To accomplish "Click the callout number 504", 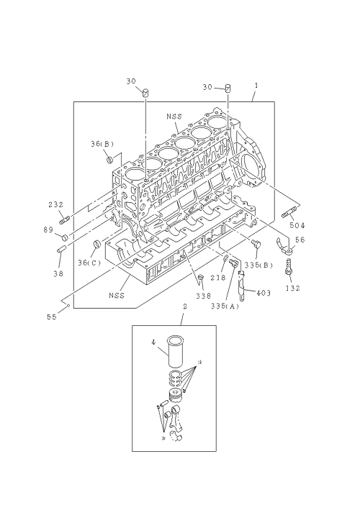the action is pos(297,225).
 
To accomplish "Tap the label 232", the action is pos(55,204).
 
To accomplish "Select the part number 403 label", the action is pos(264,293).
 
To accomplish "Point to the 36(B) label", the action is pos(102,144).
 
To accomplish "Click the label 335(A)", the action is pos(225,307).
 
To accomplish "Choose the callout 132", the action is pos(293,289).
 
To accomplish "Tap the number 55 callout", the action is pos(52,317).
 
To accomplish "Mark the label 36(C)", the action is pos(89,263).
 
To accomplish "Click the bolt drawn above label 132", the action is pos(289,266).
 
